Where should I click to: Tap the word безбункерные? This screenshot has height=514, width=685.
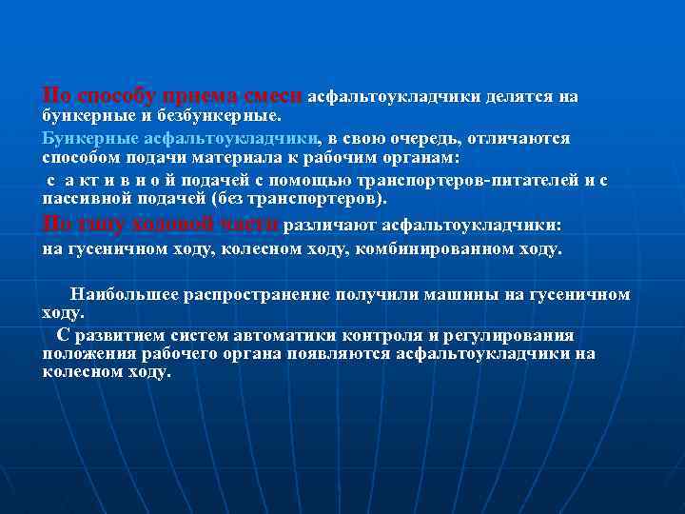coord(221,116)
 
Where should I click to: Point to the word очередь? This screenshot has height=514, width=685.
coord(420,139)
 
